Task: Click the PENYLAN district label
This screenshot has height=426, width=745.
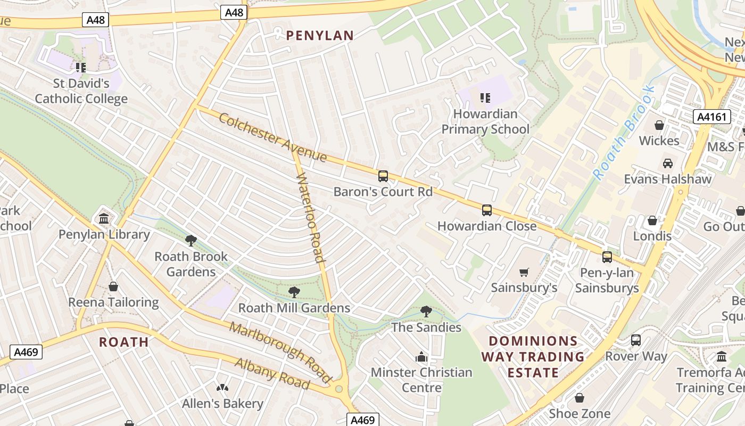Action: pyautogui.click(x=320, y=36)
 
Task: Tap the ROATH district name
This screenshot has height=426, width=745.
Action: pyautogui.click(x=124, y=342)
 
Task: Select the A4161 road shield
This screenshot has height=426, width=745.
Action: pyautogui.click(x=712, y=117)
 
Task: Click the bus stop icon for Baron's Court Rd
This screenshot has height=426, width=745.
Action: pyautogui.click(x=383, y=176)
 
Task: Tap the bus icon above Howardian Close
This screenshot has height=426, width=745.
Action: pyautogui.click(x=486, y=210)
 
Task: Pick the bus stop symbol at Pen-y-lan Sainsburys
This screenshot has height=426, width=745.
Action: pyautogui.click(x=607, y=257)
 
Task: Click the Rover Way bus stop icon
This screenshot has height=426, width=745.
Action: pyautogui.click(x=635, y=340)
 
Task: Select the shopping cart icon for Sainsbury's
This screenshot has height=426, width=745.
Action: pyautogui.click(x=524, y=273)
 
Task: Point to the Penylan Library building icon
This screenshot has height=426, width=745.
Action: pyautogui.click(x=104, y=219)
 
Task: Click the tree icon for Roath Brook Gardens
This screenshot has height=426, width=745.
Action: pyautogui.click(x=191, y=241)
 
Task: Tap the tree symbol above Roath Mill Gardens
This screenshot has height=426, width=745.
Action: pyautogui.click(x=294, y=292)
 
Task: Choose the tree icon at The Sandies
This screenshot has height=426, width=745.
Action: pyautogui.click(x=426, y=312)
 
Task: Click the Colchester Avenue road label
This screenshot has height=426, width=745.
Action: pyautogui.click(x=272, y=137)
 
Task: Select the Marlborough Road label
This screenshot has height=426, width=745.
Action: pyautogui.click(x=282, y=351)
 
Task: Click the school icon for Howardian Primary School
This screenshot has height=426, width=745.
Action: pyautogui.click(x=485, y=97)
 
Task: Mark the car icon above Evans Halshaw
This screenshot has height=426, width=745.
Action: pyautogui.click(x=667, y=163)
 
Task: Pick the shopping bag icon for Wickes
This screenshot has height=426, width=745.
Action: pyautogui.click(x=659, y=125)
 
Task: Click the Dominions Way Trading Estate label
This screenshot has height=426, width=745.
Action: pyautogui.click(x=533, y=357)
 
